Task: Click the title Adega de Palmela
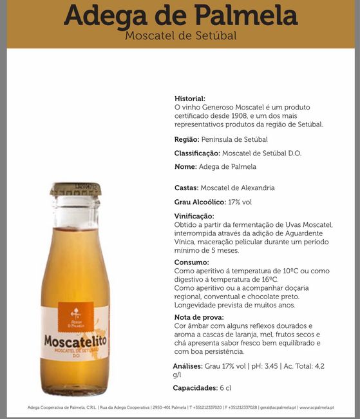[180, 15]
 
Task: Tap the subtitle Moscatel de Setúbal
[180, 35]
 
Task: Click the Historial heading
[190, 98]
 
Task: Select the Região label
[186, 139]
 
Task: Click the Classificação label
[197, 153]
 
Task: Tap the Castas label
[186, 188]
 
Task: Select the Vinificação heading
[194, 216]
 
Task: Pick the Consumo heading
[191, 262]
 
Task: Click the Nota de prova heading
[199, 317]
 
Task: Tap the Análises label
[187, 366]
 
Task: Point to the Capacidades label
[196, 388]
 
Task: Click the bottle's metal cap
[76, 189]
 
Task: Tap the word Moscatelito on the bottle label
[75, 340]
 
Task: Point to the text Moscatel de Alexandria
[238, 188]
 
